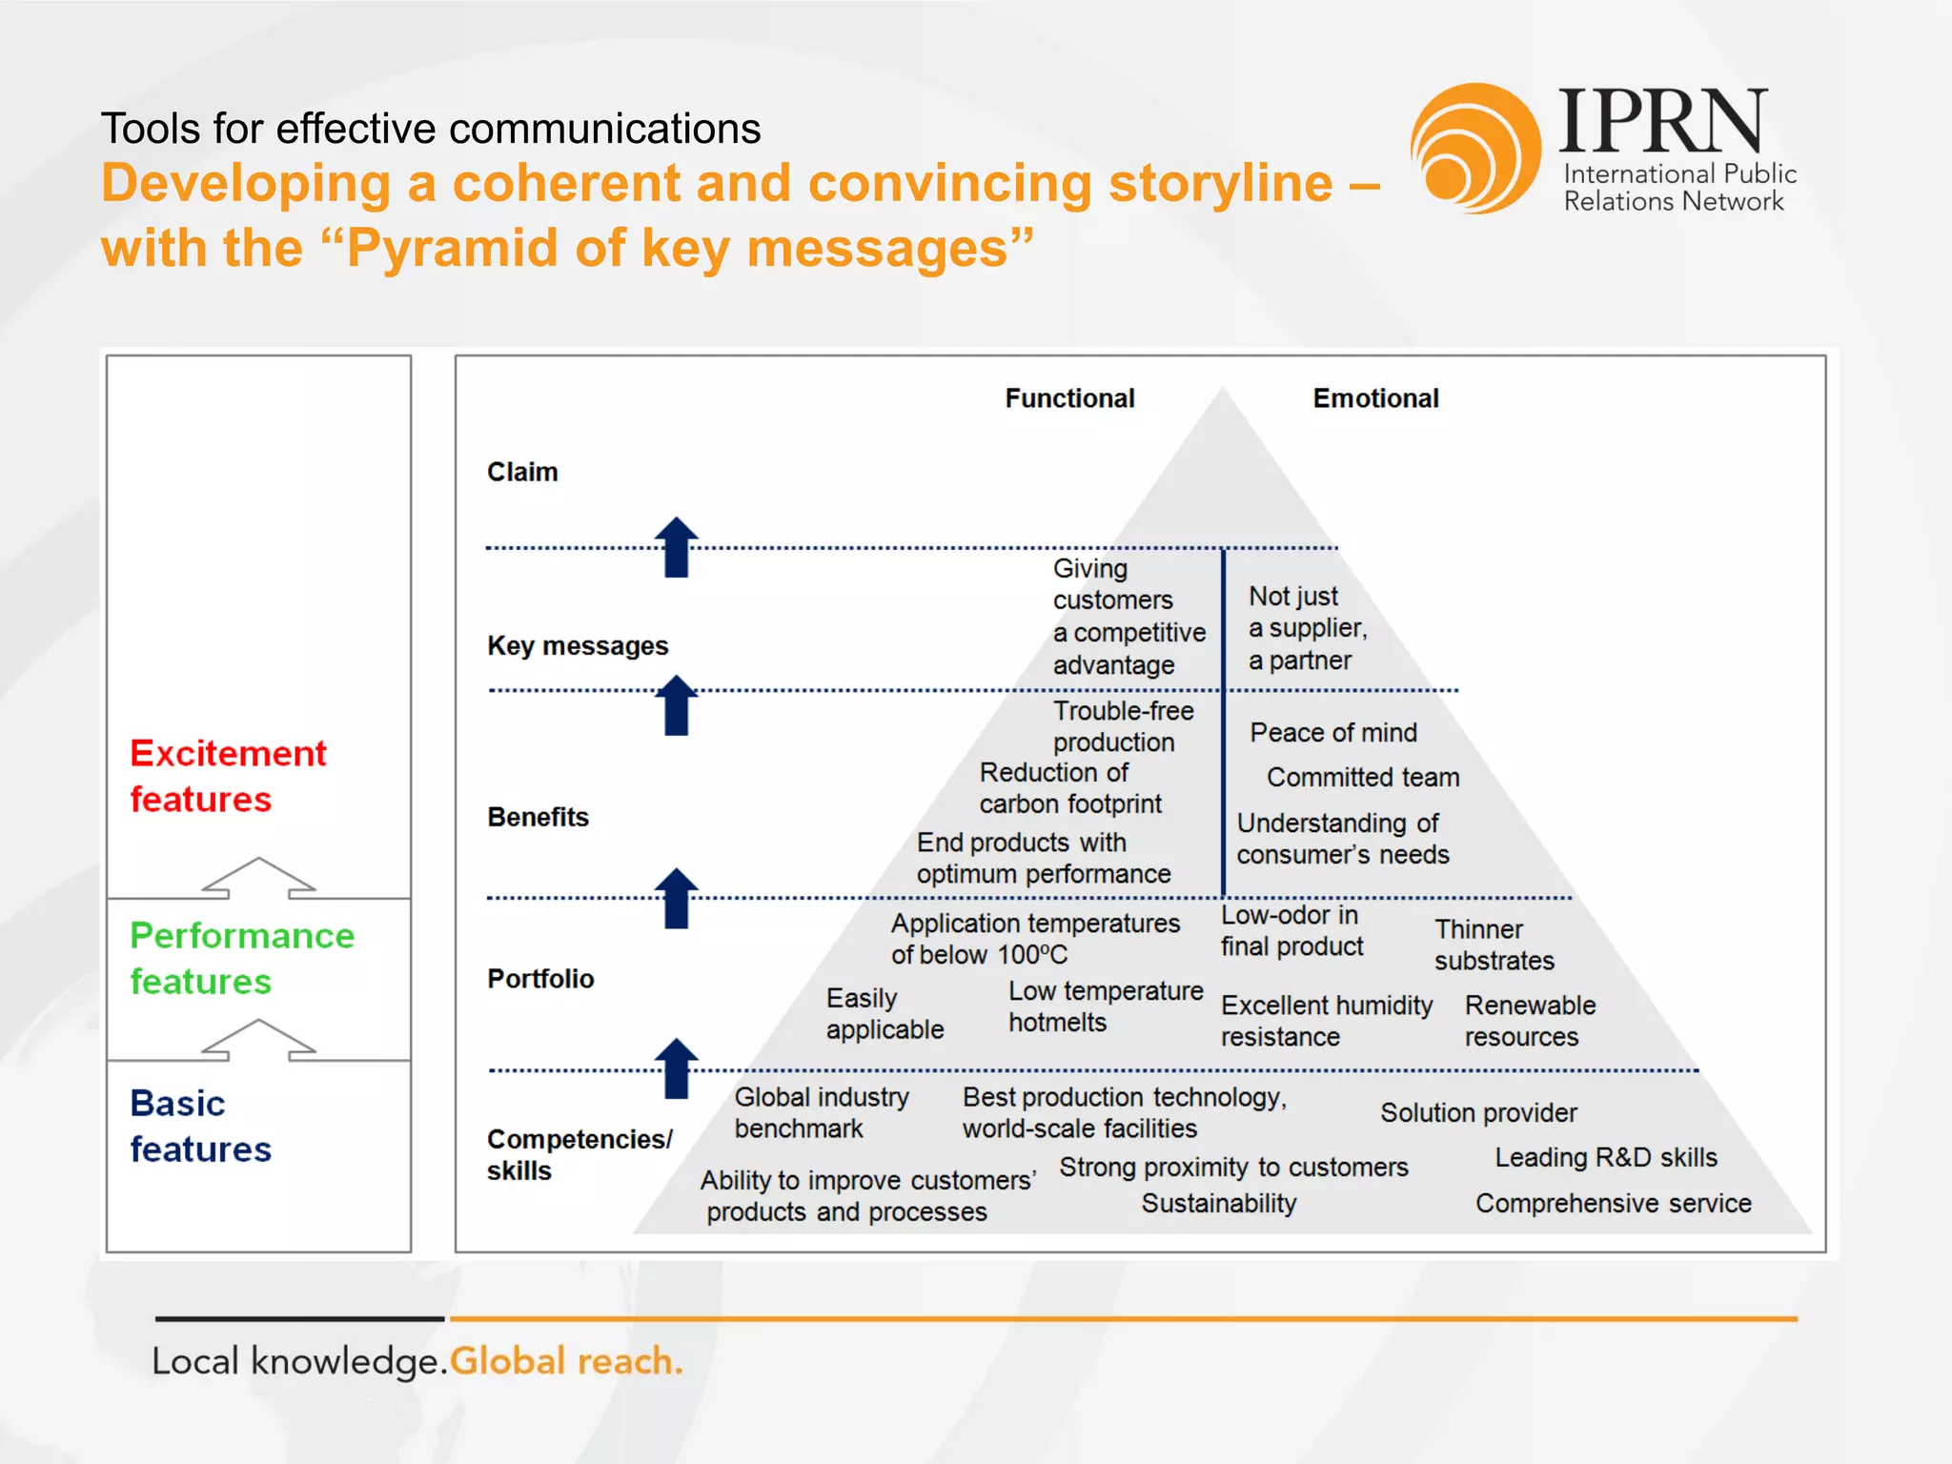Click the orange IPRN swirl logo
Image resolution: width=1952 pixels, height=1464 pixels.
pyautogui.click(x=1475, y=148)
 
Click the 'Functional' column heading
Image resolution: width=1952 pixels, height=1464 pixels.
pyautogui.click(x=1069, y=398)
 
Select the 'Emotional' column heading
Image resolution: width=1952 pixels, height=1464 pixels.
pyautogui.click(x=1375, y=398)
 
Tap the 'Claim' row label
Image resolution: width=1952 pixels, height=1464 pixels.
pyautogui.click(x=522, y=472)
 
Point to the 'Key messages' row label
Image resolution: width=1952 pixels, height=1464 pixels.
pyautogui.click(x=578, y=645)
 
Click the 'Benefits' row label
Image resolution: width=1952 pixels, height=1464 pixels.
pyautogui.click(x=538, y=817)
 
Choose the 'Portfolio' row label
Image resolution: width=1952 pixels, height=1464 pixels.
pyautogui.click(x=540, y=979)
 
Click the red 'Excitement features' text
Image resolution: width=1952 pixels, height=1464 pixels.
pyautogui.click(x=228, y=776)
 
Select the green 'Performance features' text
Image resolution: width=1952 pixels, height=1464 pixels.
pyautogui.click(x=242, y=958)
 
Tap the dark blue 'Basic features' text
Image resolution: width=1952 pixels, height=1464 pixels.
pyautogui.click(x=201, y=1126)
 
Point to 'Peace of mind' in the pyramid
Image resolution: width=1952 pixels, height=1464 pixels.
pyautogui.click(x=1333, y=732)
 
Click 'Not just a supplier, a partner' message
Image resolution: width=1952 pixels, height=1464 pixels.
pyautogui.click(x=1307, y=628)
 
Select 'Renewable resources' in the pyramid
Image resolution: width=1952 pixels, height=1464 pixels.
pyautogui.click(x=1529, y=1021)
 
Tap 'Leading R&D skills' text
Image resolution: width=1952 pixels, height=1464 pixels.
pyautogui.click(x=1605, y=1157)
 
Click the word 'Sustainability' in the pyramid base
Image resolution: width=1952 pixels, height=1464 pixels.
pyautogui.click(x=1219, y=1203)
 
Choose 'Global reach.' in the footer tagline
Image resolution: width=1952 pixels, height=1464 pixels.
pyautogui.click(x=566, y=1361)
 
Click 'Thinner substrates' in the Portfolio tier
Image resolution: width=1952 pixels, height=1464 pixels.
pyautogui.click(x=1494, y=945)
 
